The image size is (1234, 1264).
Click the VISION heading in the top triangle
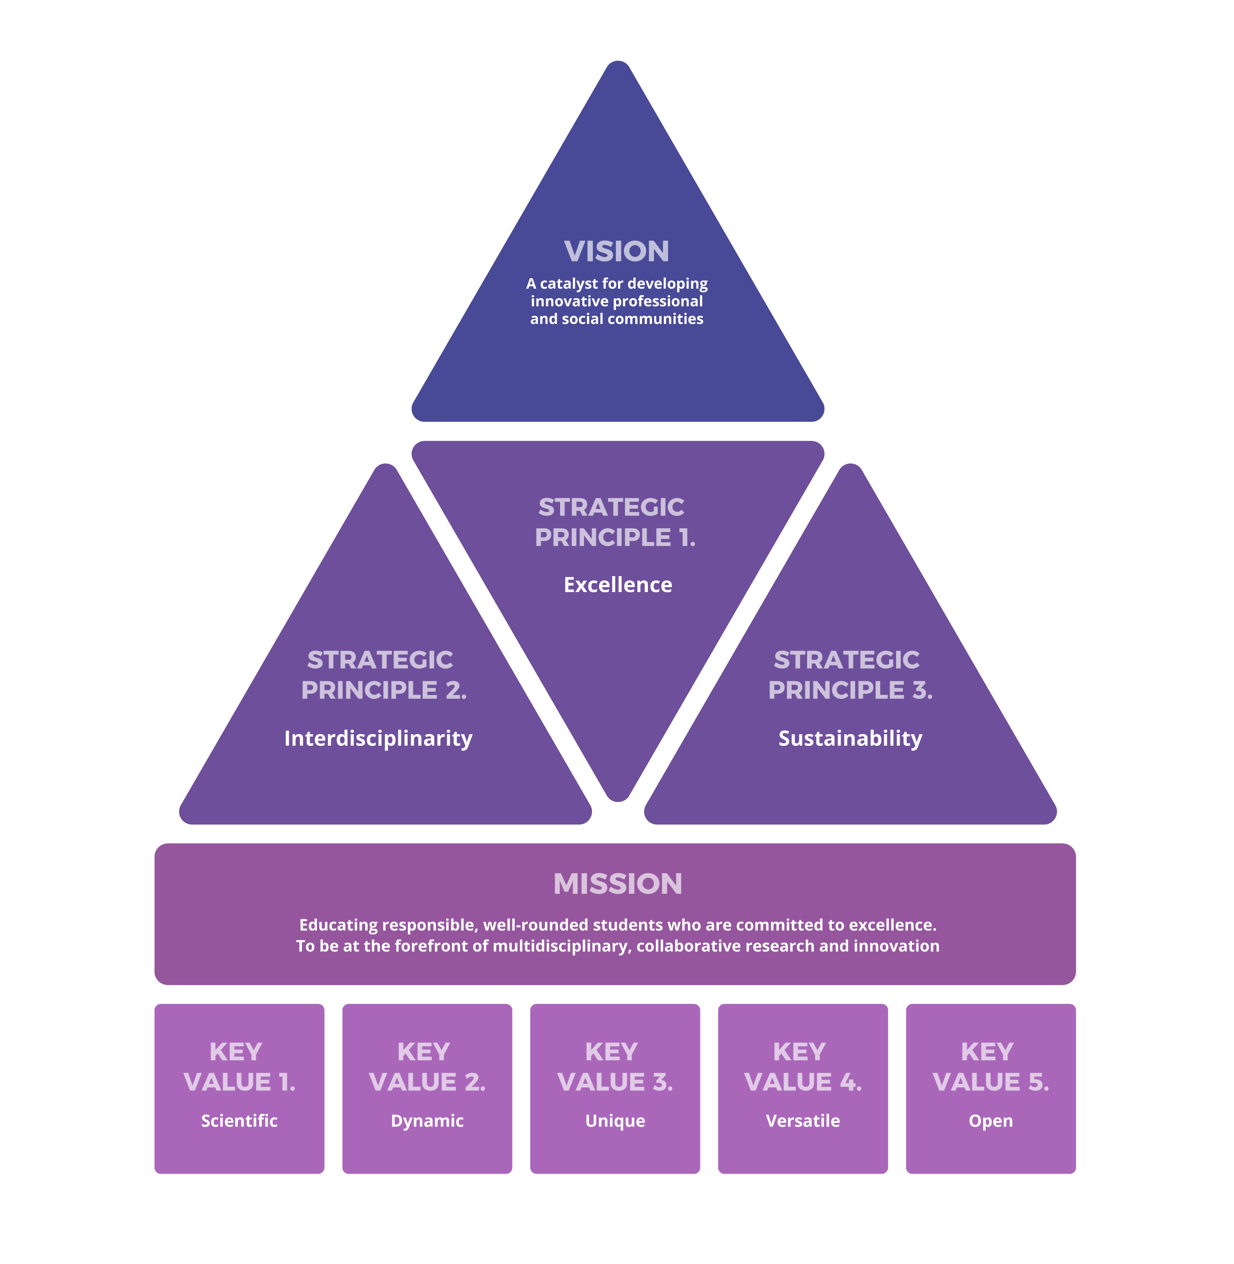(616, 252)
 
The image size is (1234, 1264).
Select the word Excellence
(618, 585)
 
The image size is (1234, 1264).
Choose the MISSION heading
(618, 884)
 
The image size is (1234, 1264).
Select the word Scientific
(239, 1121)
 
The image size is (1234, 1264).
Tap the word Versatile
(803, 1121)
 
